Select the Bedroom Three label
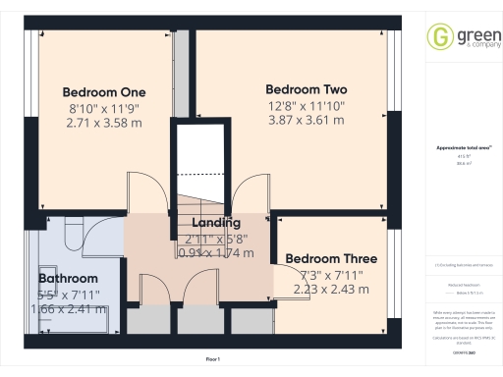tap(331, 259)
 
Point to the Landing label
tap(217, 223)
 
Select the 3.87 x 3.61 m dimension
tap(307, 120)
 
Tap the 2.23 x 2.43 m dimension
tap(331, 289)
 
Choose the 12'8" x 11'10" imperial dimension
tap(307, 105)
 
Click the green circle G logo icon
tap(437, 38)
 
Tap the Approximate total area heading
tap(461, 148)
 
